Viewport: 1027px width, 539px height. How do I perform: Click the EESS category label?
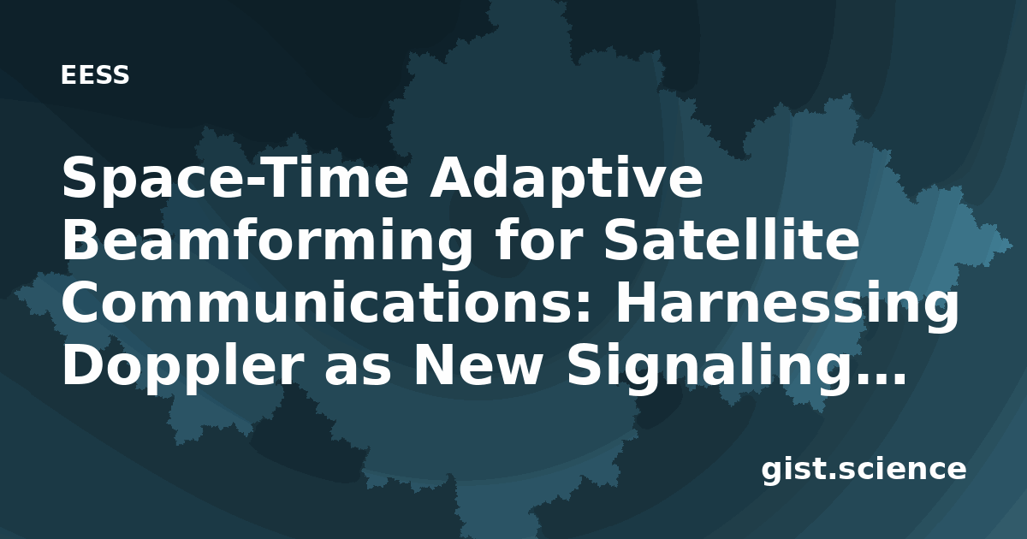pos(95,75)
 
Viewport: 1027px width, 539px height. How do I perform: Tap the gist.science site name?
pos(864,471)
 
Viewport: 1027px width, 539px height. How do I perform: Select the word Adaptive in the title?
pos(566,178)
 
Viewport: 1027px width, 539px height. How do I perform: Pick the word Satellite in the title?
pos(731,240)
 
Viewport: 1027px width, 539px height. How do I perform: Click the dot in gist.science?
pos(831,476)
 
